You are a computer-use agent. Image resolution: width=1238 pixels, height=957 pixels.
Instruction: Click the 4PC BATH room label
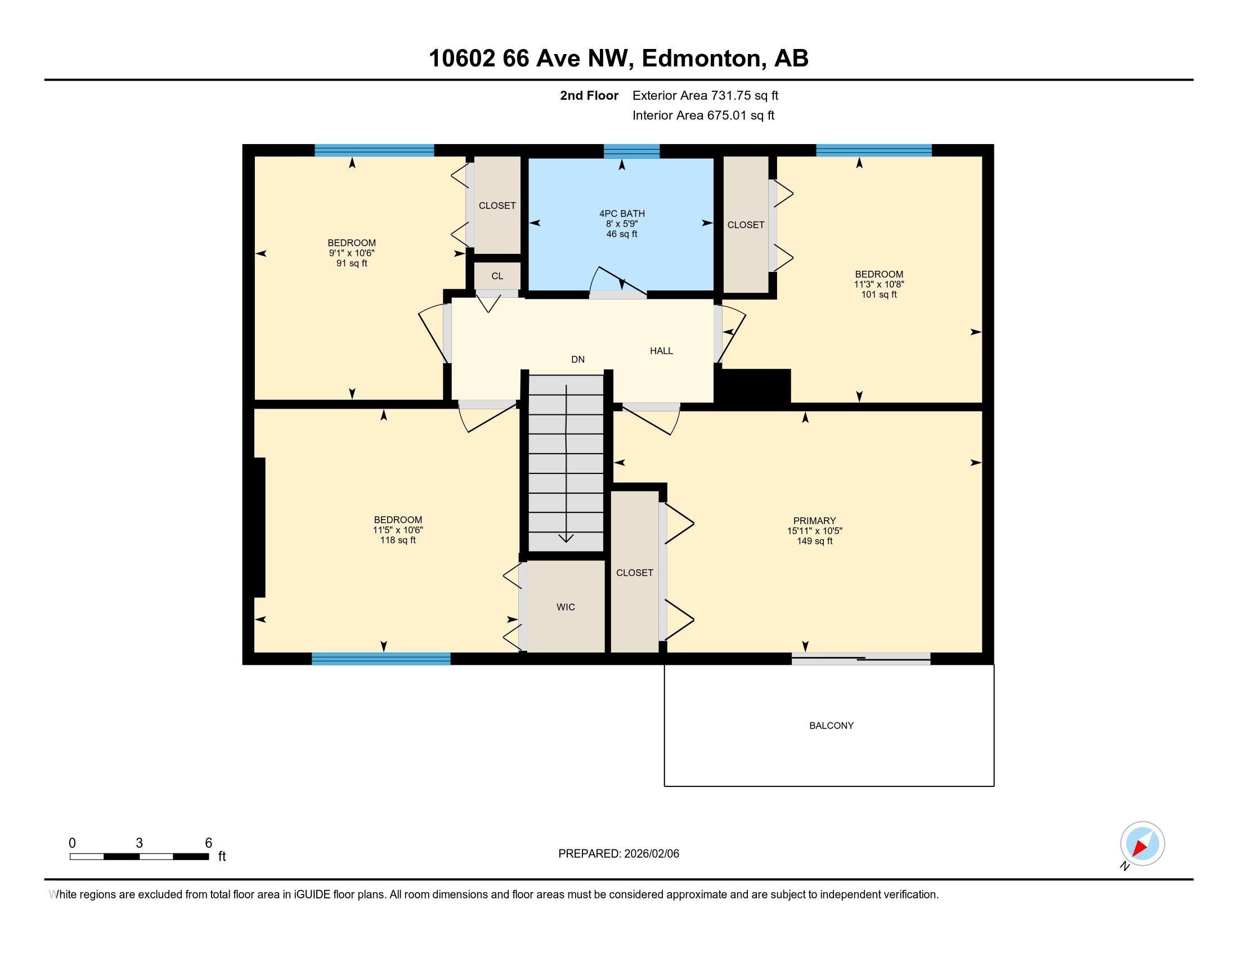coord(622,214)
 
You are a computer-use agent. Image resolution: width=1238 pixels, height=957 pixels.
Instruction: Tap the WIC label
coord(565,607)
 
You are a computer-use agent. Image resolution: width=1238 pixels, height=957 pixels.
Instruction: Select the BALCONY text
coord(831,726)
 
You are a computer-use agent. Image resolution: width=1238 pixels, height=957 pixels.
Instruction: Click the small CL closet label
coord(497,276)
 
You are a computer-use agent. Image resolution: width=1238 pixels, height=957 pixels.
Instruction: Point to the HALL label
coord(661,351)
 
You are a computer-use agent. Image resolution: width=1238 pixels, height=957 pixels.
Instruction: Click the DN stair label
coord(577,360)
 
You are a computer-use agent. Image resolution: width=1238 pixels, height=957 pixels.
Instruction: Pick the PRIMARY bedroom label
coord(814,521)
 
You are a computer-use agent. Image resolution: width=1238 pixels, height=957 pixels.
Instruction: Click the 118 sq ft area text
coord(397,540)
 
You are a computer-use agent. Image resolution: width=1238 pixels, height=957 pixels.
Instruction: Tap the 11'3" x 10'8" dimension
coord(878,285)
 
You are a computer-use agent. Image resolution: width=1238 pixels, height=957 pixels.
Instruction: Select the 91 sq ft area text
coord(352,263)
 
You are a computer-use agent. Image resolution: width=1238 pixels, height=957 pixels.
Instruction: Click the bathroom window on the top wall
coord(631,151)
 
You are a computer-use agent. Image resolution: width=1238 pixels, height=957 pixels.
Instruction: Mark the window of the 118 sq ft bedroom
coord(381,659)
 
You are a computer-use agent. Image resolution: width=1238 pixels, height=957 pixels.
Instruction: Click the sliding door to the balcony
coord(860,659)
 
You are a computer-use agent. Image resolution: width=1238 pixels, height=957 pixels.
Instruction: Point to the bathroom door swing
coord(618,281)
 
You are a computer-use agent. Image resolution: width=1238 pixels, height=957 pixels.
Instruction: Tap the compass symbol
coord(1142,844)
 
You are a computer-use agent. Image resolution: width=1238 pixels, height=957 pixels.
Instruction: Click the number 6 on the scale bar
coord(208,843)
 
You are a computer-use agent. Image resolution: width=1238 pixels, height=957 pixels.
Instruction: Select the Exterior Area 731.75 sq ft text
coord(705,96)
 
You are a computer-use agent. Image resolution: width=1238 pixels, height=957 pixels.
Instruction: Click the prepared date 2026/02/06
coord(650,854)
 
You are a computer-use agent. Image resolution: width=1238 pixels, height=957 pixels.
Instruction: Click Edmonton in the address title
coord(701,59)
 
